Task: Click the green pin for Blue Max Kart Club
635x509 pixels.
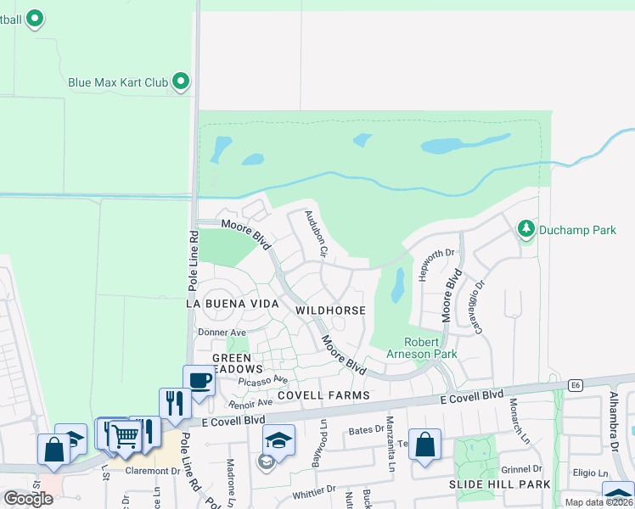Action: (181, 81)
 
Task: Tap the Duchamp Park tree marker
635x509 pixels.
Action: (526, 228)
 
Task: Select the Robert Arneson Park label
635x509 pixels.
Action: (430, 348)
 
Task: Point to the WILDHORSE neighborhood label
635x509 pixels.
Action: (330, 310)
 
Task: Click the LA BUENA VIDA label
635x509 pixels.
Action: (233, 303)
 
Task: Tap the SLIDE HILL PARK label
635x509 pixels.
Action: (500, 484)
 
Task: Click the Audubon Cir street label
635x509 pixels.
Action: (316, 234)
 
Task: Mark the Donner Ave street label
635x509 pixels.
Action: (222, 332)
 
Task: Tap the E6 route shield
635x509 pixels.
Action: (578, 385)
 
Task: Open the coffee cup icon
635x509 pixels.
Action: (199, 380)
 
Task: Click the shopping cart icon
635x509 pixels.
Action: (125, 436)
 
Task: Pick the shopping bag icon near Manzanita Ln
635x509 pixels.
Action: (425, 444)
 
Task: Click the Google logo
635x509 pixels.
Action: (28, 498)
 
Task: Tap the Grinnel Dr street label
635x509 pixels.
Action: (521, 468)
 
